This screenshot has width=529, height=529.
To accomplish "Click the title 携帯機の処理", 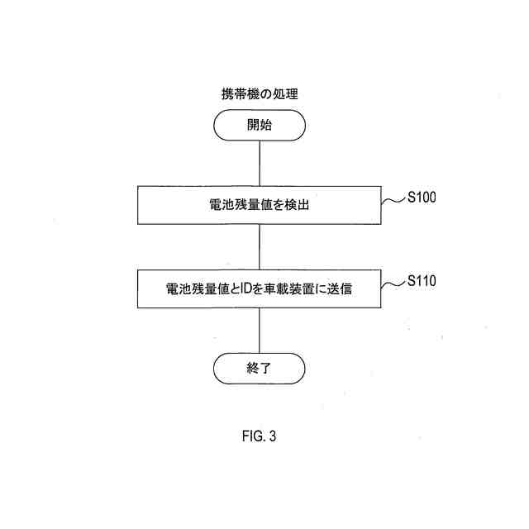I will coord(260,95).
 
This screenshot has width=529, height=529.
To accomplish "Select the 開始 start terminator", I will coord(260,126).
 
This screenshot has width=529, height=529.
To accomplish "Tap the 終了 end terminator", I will coord(260,369).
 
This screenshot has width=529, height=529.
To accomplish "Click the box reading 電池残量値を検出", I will coord(260,206).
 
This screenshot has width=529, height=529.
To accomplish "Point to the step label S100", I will coord(422,198).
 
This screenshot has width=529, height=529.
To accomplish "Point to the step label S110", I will coord(422,281).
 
